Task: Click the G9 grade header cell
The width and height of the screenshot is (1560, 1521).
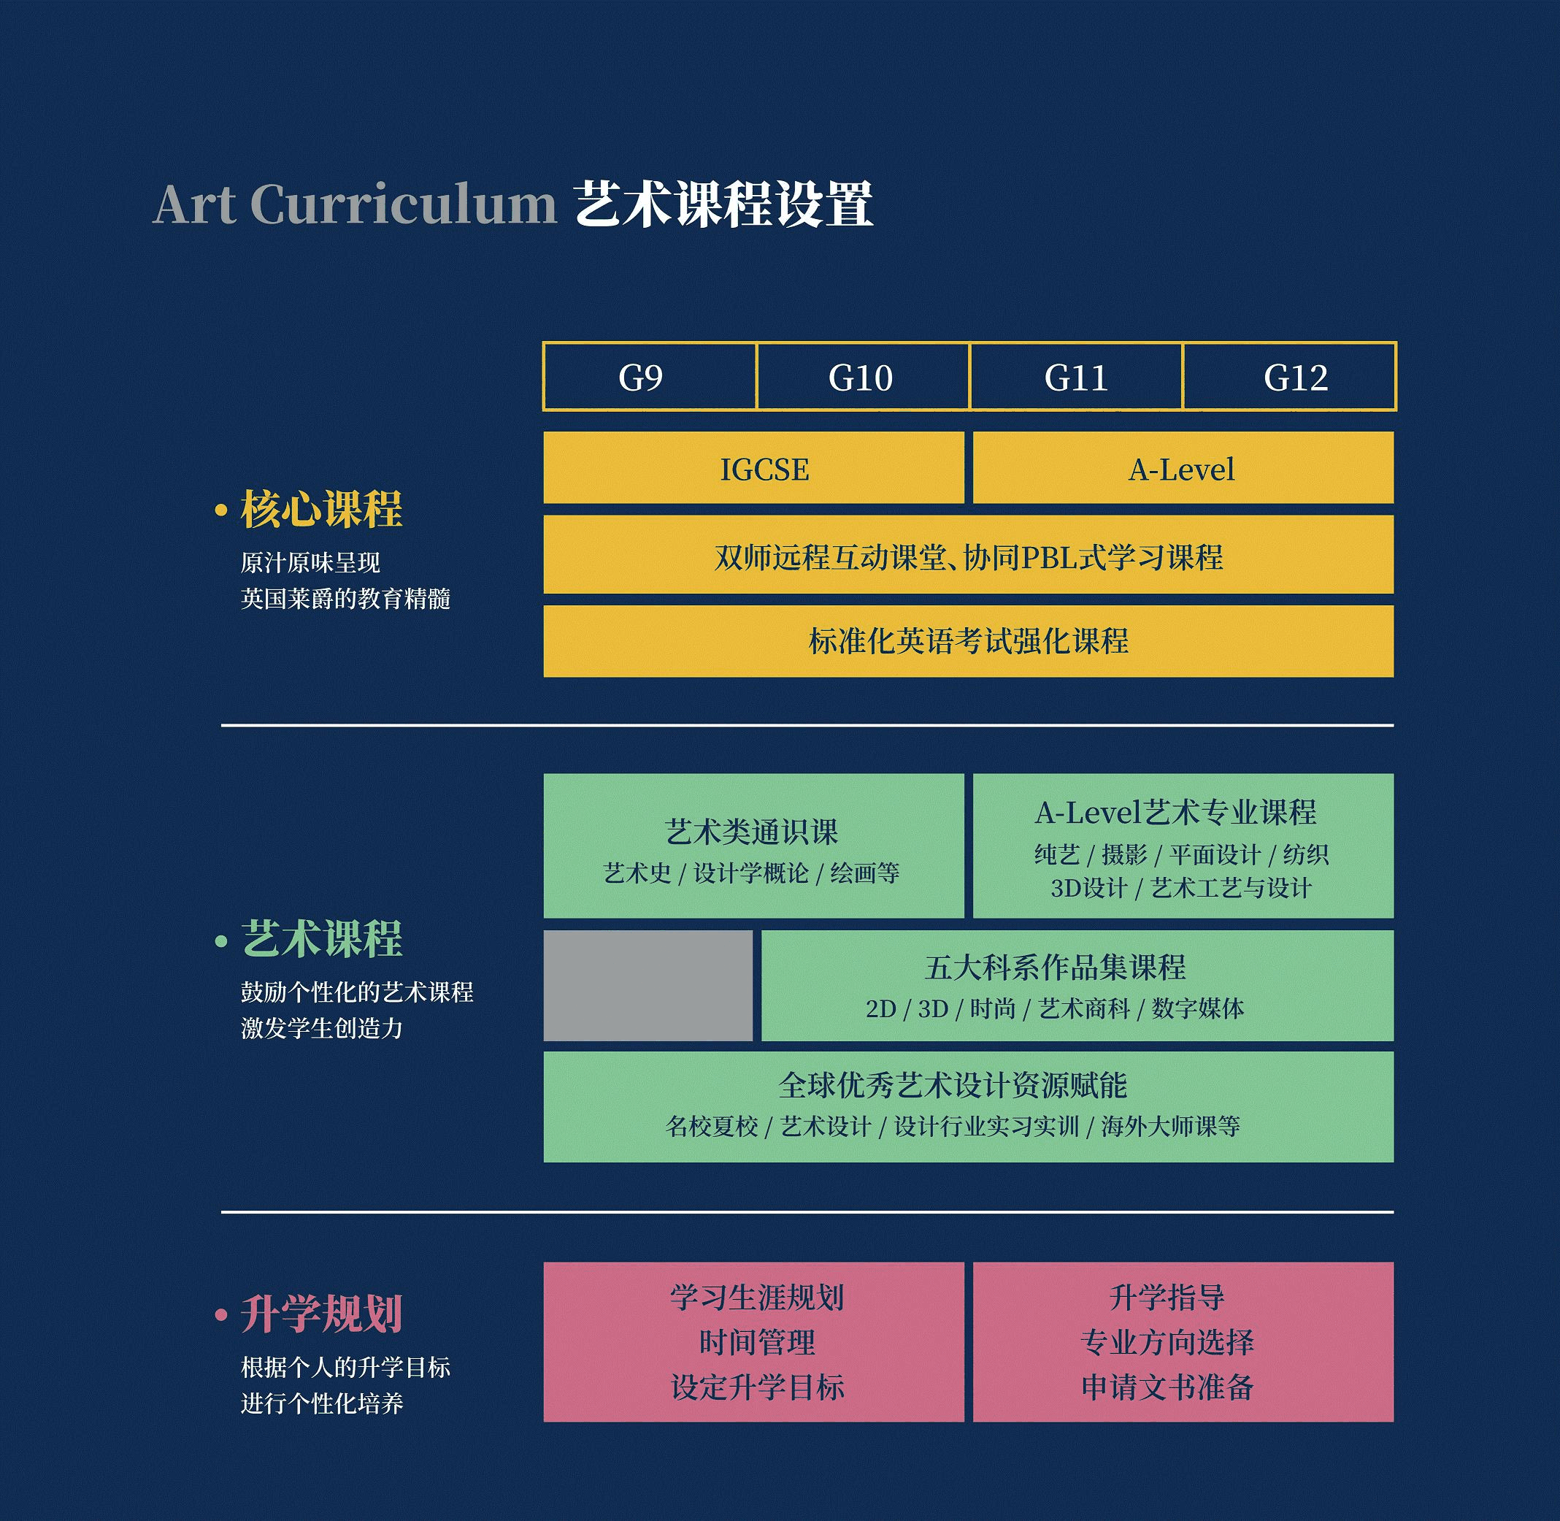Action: [650, 376]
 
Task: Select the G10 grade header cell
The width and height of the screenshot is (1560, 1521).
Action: [863, 376]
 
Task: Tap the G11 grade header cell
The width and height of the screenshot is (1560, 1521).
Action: [1076, 376]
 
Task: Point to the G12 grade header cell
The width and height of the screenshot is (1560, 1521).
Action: [1290, 376]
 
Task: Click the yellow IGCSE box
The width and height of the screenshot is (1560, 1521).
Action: [753, 468]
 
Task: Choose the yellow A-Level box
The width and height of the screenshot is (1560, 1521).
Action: [1183, 468]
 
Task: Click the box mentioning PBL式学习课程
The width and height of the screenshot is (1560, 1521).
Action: [968, 554]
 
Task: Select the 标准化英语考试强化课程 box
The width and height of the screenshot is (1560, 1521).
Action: [968, 640]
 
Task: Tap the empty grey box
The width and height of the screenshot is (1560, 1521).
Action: [648, 985]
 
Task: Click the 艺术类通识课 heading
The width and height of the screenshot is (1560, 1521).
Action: [752, 832]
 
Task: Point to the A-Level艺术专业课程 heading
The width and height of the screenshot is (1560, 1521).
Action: [1176, 813]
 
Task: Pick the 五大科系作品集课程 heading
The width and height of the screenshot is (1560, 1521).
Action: [1055, 968]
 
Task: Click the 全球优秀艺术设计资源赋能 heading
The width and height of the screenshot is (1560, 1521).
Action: [953, 1085]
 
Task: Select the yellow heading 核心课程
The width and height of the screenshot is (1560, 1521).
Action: [321, 509]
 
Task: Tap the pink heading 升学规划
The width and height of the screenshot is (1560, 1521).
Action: [321, 1314]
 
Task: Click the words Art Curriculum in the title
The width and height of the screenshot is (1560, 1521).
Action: [355, 204]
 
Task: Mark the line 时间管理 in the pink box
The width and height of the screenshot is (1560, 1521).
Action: [757, 1342]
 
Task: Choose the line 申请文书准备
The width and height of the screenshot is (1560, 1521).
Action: [1168, 1387]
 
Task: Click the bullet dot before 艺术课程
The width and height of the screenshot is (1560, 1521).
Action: [221, 941]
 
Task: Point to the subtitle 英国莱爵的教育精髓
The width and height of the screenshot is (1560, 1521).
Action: [346, 598]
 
